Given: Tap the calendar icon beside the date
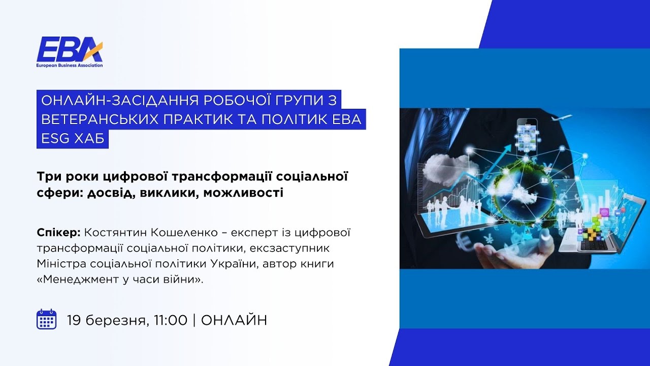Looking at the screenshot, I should coord(46,319).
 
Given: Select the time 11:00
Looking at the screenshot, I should coord(171,320).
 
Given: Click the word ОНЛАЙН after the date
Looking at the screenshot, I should coord(234,320).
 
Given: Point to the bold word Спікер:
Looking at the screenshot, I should coord(58,233).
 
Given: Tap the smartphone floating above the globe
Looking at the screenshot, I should coord(527,134).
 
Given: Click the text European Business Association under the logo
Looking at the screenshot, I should coord(70,66).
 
